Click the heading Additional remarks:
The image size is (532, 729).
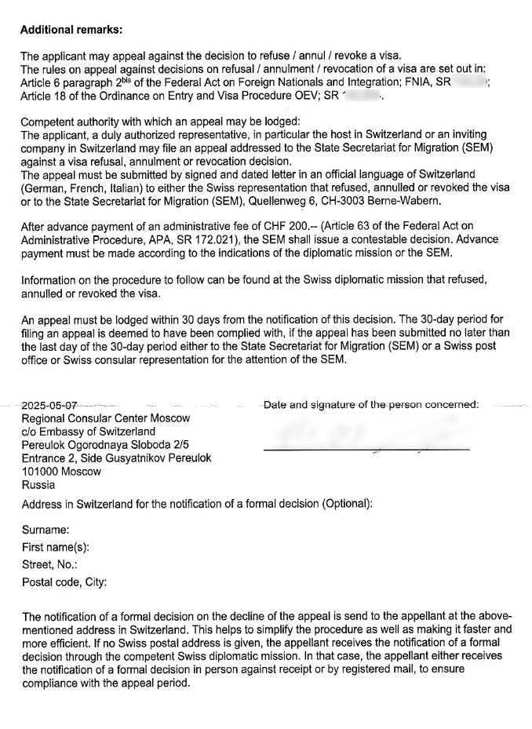coord(71,30)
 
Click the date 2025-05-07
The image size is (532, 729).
coord(49,406)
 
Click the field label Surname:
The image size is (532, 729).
coord(46,530)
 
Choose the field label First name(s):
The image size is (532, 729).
coord(55,548)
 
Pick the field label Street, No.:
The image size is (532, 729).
coord(49,565)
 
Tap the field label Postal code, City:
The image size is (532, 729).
coord(64,582)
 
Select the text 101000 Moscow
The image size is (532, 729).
coord(62,472)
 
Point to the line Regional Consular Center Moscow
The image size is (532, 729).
coord(106,418)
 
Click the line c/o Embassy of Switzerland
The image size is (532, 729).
coord(89,432)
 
